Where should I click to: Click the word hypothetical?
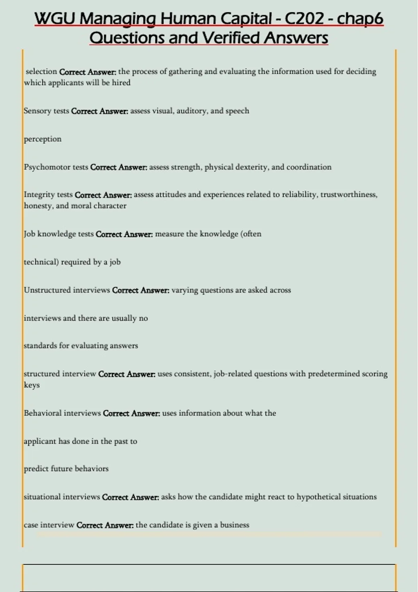coord(318,497)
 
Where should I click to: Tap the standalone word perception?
coord(42,139)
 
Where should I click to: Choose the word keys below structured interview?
coord(32,385)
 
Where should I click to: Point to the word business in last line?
coord(234,525)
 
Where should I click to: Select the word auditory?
coord(192,111)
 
